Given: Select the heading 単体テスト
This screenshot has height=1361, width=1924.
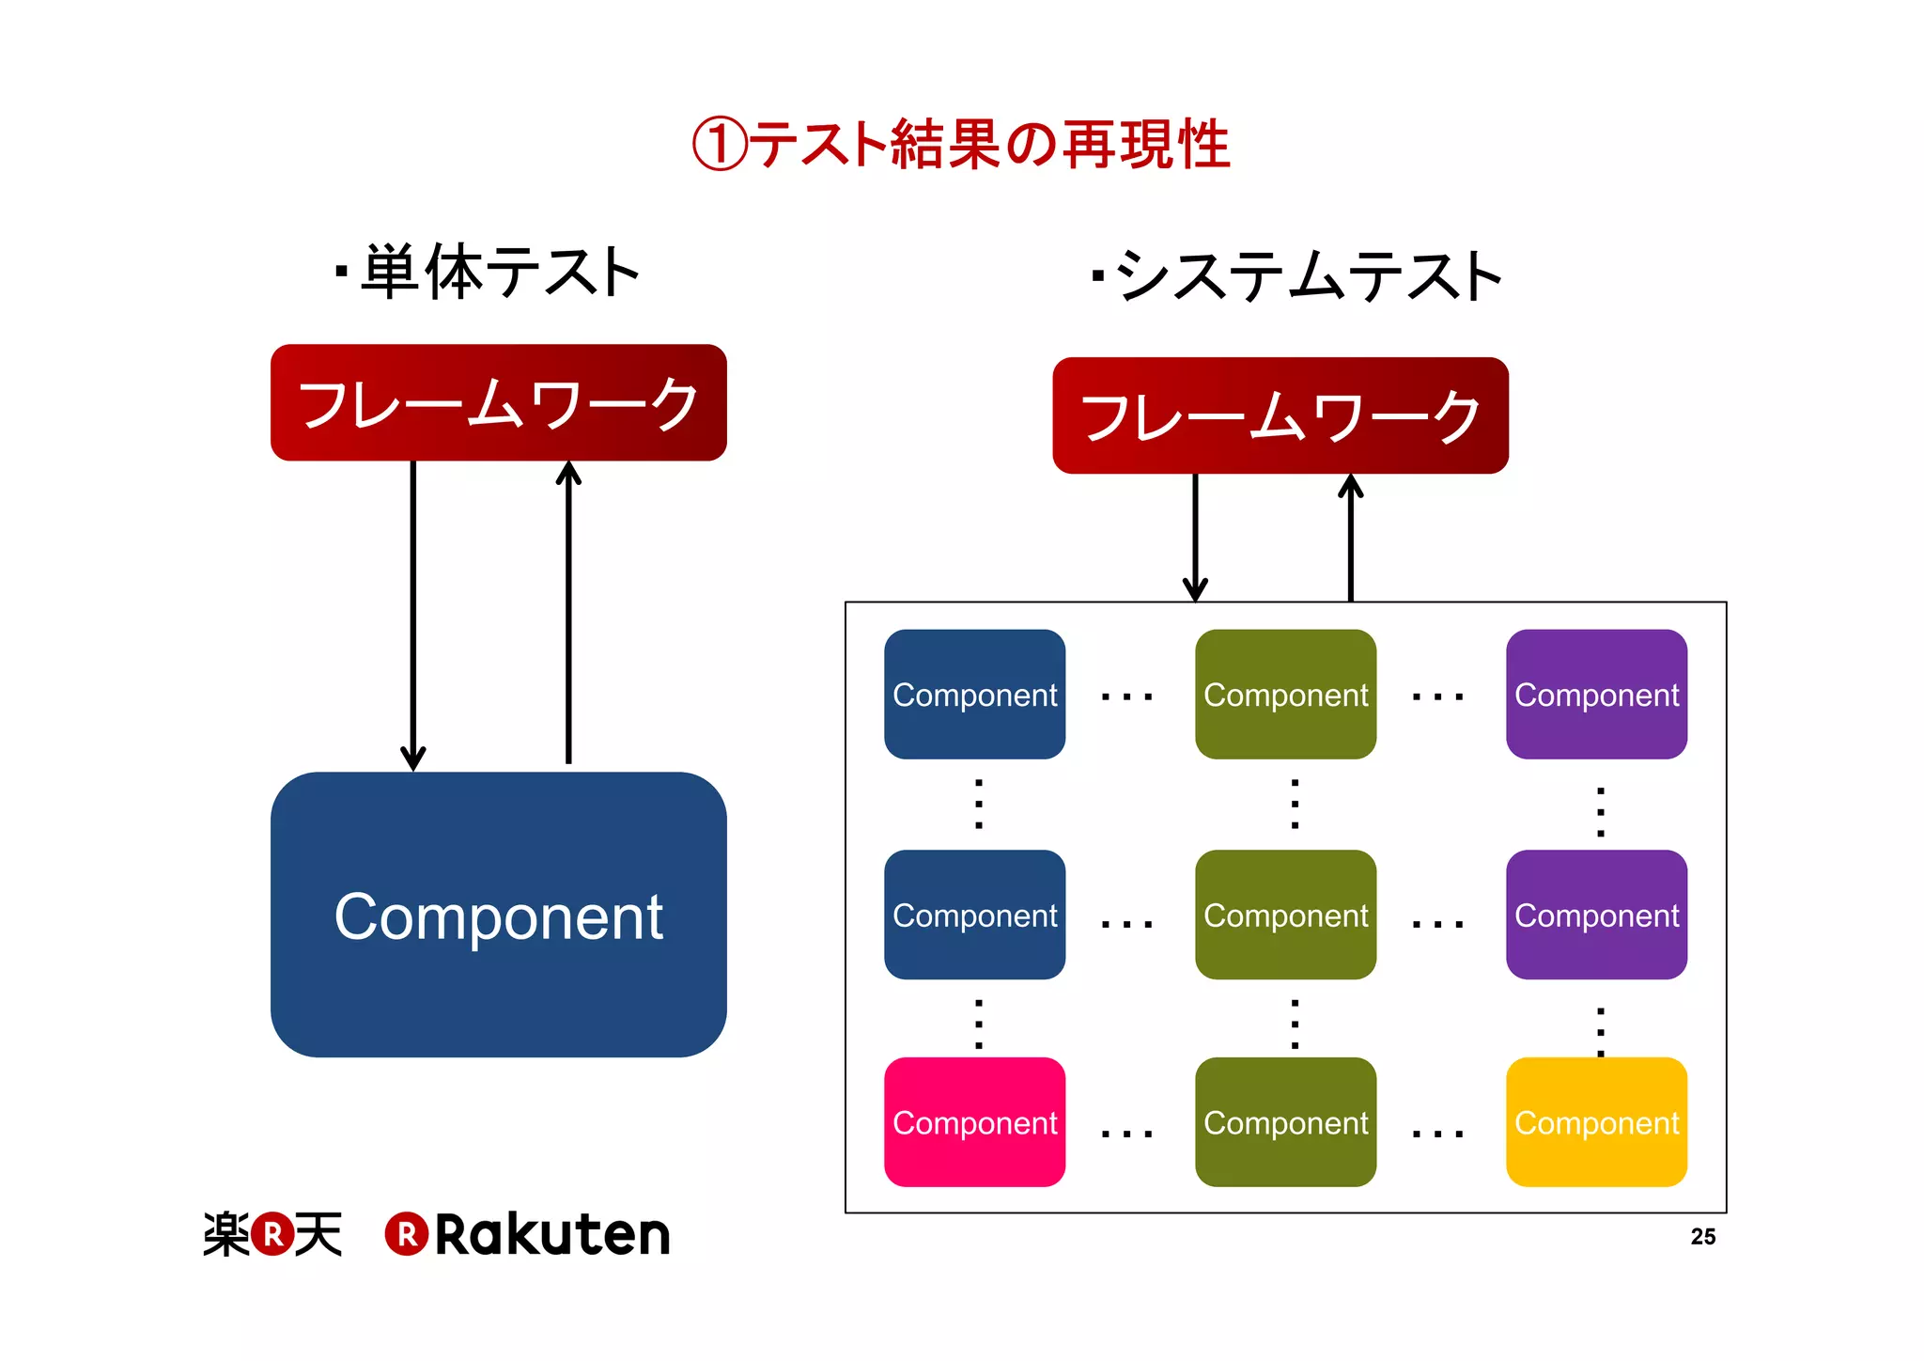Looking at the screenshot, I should point(498,273).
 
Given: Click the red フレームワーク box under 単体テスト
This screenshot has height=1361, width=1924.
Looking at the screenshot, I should point(498,402).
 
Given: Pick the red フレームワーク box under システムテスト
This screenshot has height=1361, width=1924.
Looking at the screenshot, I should point(1280,415).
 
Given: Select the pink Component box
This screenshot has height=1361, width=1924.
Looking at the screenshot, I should point(974,1121).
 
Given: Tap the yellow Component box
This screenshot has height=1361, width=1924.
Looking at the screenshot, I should point(1595,1121).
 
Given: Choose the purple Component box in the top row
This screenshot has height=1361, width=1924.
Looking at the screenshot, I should point(1595,694).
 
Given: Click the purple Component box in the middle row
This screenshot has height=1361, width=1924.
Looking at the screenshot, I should point(1595,915).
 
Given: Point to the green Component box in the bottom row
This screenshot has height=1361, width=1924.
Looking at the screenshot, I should point(1285,1121).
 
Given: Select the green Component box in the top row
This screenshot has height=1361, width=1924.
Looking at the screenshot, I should point(1285,694).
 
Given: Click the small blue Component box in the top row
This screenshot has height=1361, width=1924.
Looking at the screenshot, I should point(974,694).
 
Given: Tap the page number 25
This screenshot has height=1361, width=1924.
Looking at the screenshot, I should point(1702,1237).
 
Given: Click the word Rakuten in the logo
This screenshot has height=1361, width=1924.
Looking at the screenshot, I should point(551,1234).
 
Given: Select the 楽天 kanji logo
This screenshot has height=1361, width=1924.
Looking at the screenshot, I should point(272,1234).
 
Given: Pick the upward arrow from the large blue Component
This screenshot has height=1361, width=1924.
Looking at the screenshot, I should point(568,611).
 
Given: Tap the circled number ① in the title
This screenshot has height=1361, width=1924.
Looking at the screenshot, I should point(720,145).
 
